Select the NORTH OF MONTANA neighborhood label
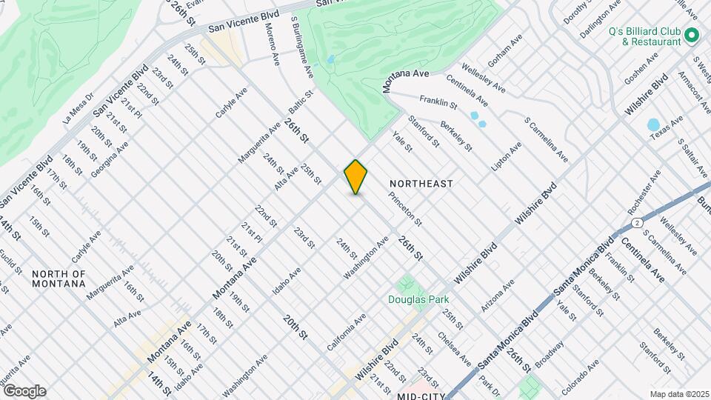(x=59, y=279)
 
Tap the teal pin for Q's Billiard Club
(x=692, y=36)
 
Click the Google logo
(x=24, y=391)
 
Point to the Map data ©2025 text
(x=678, y=394)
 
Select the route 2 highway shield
(x=636, y=221)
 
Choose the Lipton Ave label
(x=507, y=156)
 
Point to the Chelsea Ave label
(x=454, y=351)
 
